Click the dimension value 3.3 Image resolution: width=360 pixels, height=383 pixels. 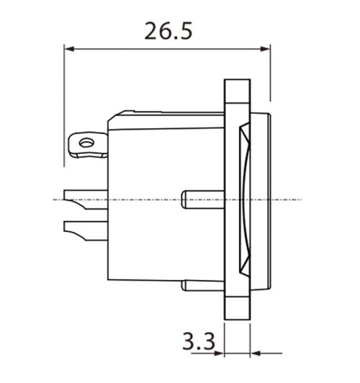tap(199, 341)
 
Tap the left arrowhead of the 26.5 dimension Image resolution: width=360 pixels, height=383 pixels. tap(69, 49)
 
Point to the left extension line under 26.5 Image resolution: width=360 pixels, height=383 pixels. tap(65, 108)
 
